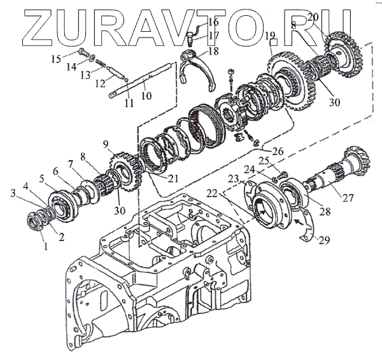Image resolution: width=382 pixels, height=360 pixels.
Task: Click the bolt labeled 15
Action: click(x=83, y=53)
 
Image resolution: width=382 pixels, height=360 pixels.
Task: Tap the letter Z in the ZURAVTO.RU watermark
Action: click(x=31, y=25)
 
